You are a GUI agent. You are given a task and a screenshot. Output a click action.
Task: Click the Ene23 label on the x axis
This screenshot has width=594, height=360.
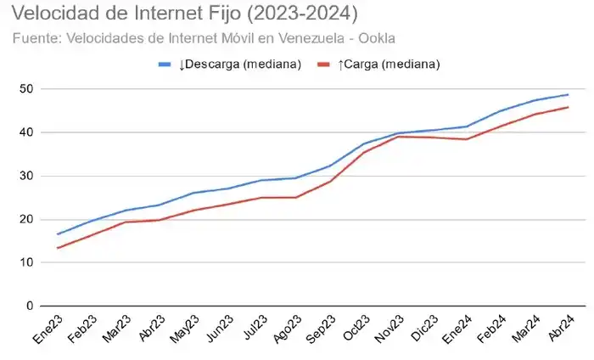coord(48,328)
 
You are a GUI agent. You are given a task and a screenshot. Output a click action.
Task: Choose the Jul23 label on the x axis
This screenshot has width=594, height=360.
coord(252,328)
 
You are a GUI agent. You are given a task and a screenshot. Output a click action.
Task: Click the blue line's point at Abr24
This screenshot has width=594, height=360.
coord(568,94)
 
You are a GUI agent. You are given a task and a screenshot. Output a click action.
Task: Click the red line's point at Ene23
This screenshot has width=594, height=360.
coord(58,248)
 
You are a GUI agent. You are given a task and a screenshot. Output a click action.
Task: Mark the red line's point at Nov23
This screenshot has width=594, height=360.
coord(398,137)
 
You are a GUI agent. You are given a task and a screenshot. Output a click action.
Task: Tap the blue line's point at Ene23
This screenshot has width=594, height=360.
coord(58,234)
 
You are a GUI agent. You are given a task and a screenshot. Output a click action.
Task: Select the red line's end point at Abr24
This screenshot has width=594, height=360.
coord(568,107)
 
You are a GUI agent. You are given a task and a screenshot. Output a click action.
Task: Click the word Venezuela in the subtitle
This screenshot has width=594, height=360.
coord(315,38)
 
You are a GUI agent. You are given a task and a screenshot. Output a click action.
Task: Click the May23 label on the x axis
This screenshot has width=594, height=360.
coord(184,328)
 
